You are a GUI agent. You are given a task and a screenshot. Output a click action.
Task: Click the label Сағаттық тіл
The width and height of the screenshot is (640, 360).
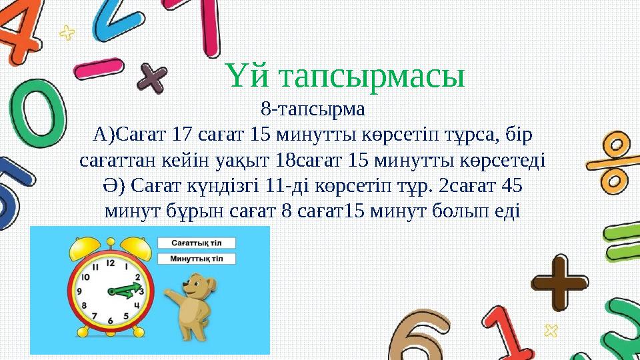point(197,243)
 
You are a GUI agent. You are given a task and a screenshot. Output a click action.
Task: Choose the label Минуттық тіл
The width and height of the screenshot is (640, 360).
point(197,258)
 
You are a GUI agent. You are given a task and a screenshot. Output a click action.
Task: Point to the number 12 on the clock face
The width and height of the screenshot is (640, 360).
point(110,264)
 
